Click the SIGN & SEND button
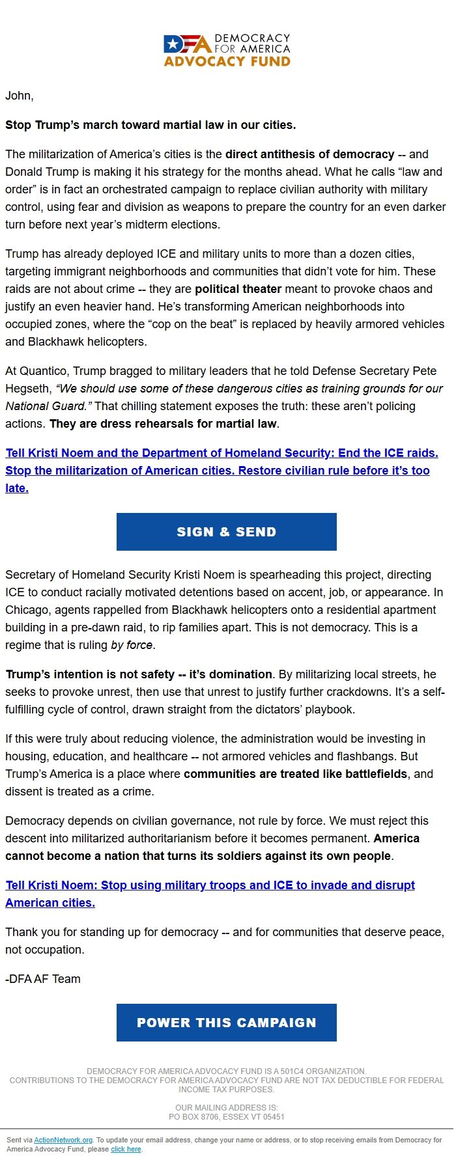[226, 532]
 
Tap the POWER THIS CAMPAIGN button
[226, 1023]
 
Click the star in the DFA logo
[173, 44]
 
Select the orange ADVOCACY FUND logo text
[227, 62]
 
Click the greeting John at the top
[19, 96]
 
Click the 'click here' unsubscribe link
[126, 1149]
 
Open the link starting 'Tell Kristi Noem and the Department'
[221, 453]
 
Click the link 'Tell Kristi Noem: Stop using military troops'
[210, 885]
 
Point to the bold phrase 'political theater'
[238, 288]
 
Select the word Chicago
[27, 610]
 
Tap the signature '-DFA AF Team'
[43, 979]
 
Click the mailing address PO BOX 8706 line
[226, 1116]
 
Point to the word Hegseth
[27, 389]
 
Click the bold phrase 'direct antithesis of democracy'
[309, 154]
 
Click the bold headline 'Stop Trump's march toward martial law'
[150, 125]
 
